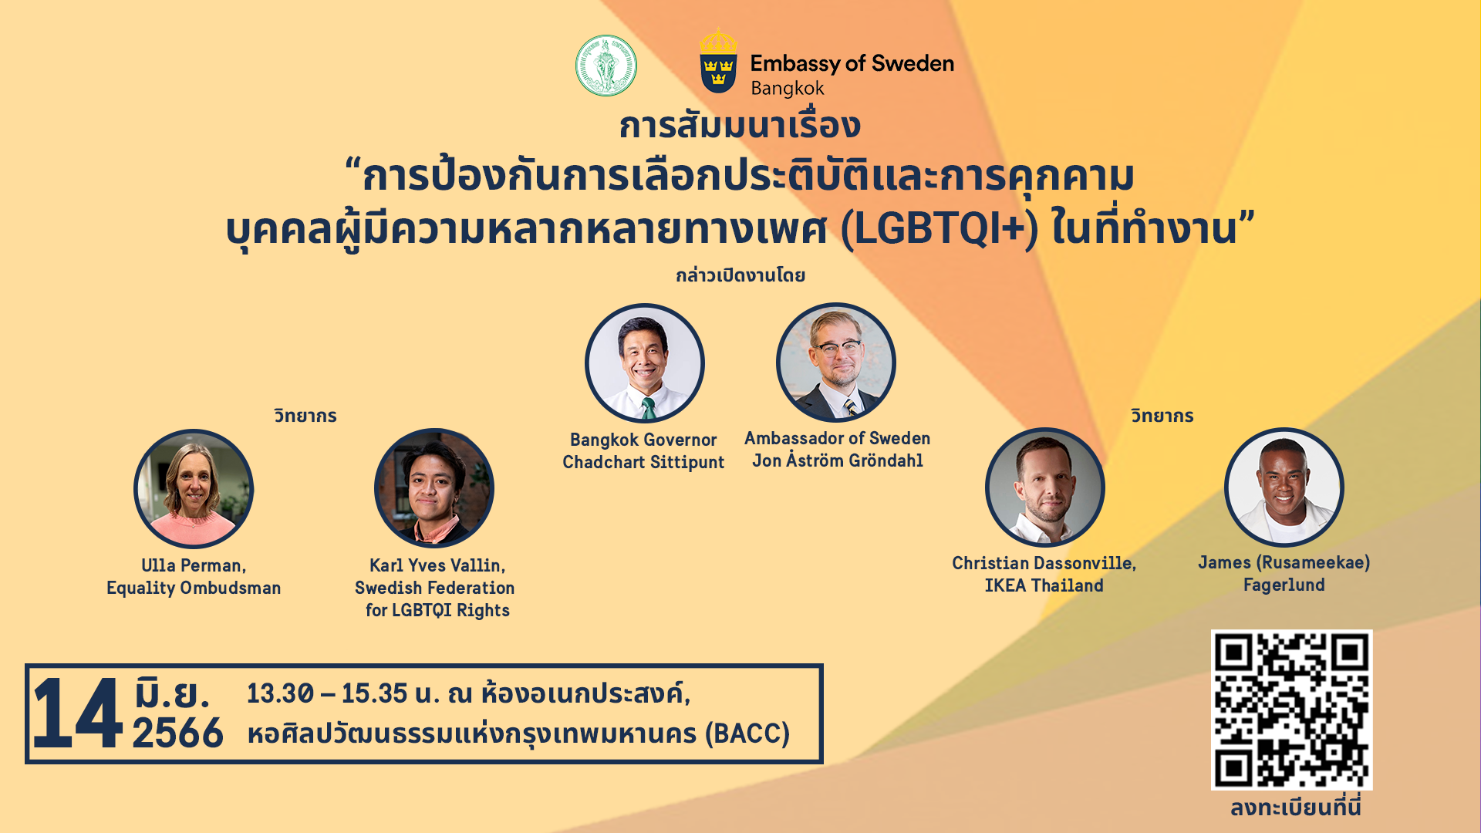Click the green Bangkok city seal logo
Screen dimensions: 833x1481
tap(606, 66)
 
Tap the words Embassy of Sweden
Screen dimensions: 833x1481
tap(852, 63)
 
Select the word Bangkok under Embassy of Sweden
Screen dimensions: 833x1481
tap(787, 88)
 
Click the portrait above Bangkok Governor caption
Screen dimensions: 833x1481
tap(645, 363)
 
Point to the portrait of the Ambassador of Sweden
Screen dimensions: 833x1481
tap(836, 363)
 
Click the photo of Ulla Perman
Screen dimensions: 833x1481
tap(194, 489)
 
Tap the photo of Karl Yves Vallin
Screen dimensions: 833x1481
tap(434, 488)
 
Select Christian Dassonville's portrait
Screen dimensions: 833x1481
tap(1044, 487)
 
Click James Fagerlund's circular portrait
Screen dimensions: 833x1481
tap(1284, 487)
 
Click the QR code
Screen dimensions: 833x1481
tap(1291, 710)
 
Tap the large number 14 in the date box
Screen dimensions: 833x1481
tap(77, 713)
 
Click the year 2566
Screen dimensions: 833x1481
tap(177, 733)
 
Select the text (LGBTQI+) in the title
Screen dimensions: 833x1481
tap(939, 229)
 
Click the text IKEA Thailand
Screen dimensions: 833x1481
tap(1044, 585)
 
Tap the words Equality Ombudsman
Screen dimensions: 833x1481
tap(194, 588)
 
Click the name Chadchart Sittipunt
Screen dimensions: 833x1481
tap(643, 462)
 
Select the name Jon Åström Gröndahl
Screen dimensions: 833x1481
tap(838, 460)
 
